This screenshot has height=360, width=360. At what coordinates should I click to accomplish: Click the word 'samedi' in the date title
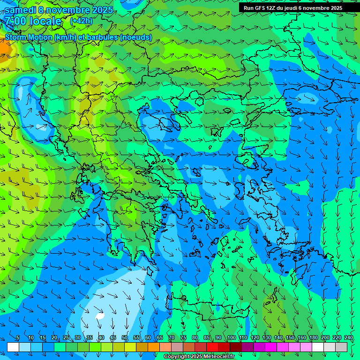pyautogui.click(x=21, y=10)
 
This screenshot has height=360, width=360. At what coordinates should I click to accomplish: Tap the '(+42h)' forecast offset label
pyautogui.click(x=81, y=21)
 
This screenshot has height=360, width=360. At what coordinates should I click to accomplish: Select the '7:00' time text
pyautogui.click(x=15, y=21)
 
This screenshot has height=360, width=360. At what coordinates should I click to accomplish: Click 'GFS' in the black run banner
pyautogui.click(x=261, y=8)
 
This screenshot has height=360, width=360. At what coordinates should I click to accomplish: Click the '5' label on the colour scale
pyautogui.click(x=18, y=338)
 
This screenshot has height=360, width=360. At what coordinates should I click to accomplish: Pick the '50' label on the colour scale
pyautogui.click(x=125, y=338)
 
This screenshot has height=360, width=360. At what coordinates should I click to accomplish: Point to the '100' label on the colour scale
pyautogui.click(x=232, y=338)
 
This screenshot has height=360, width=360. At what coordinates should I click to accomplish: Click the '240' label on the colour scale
pyautogui.click(x=349, y=338)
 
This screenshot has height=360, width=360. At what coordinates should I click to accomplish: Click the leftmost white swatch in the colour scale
pyautogui.click(x=13, y=347)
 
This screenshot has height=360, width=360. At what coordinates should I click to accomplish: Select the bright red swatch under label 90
pyautogui.click(x=212, y=347)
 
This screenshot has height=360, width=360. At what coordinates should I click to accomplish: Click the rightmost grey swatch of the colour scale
pyautogui.click(x=341, y=347)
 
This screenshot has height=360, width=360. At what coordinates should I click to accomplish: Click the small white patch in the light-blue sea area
pyautogui.click(x=100, y=316)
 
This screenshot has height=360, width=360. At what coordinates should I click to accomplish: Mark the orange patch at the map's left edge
pyautogui.click(x=4, y=48)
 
